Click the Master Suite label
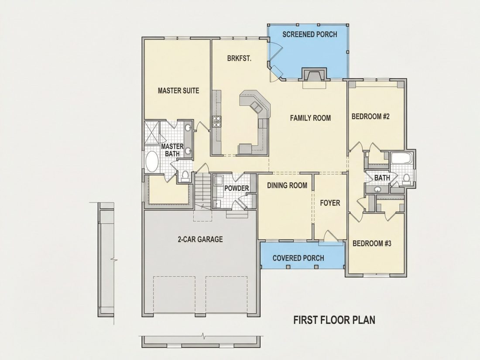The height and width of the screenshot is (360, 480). coord(178,91)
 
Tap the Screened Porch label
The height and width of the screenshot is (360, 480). coord(309,34)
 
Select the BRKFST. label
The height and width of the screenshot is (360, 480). coord(240,58)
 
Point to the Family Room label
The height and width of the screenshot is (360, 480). coord(310,118)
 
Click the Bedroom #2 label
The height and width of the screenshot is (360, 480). coord(370,117)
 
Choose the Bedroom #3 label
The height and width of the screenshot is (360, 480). coord(372,243)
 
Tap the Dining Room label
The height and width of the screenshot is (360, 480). coord(287,185)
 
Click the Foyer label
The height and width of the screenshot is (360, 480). coord(330,203)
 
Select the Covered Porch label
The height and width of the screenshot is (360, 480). coord(298,258)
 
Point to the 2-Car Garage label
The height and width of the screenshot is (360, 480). coord(200,239)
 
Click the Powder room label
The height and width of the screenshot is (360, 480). coord(237,188)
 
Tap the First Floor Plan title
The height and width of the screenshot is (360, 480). coord(334,320)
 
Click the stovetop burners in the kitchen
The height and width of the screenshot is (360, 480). coord(217,121)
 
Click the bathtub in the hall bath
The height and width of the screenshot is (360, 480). coord(401,158)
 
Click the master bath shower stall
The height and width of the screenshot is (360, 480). coord(152,132)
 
